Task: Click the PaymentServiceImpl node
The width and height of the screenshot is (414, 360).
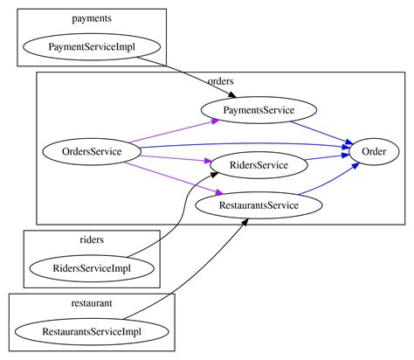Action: [x=92, y=45]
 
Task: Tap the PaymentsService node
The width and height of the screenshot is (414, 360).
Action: [x=259, y=110]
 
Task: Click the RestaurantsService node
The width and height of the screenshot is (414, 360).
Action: [x=259, y=205]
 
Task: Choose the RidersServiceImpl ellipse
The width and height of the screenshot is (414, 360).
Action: [x=92, y=268]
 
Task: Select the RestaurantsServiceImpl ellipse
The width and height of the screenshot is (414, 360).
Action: [x=92, y=332]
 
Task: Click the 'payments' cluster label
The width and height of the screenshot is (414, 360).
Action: [x=92, y=17]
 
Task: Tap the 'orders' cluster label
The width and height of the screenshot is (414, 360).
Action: [x=221, y=81]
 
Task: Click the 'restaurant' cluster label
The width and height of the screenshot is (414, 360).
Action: [x=92, y=302]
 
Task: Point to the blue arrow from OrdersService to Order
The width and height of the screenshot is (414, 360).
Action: [x=245, y=142]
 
